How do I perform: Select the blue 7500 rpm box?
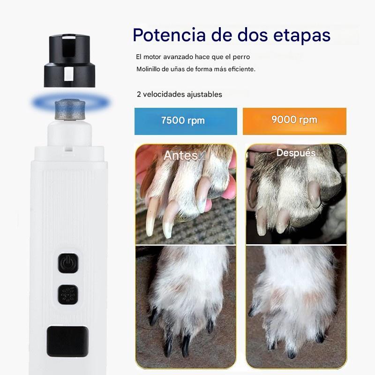[182, 120]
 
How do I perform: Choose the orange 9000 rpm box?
[294, 120]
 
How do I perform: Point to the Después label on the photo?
[296, 153]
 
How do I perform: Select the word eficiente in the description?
[240, 69]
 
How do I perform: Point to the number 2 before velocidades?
[139, 94]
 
